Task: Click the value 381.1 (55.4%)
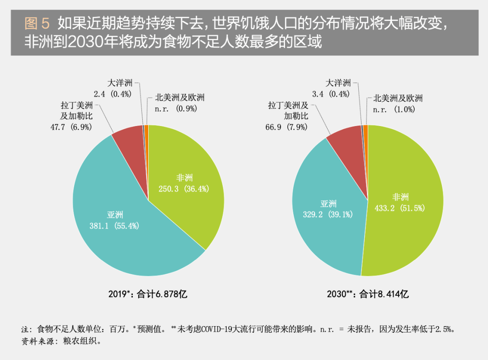pyautogui.click(x=115, y=226)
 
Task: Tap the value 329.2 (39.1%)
pyautogui.click(x=328, y=214)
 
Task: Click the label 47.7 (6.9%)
pyautogui.click(x=71, y=127)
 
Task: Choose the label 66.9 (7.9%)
pyautogui.click(x=286, y=127)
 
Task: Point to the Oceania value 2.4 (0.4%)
pyautogui.click(x=112, y=94)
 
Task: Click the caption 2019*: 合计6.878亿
pyautogui.click(x=148, y=295)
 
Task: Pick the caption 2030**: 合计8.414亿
pyautogui.click(x=368, y=295)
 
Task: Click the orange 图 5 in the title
pyautogui.click(x=37, y=23)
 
